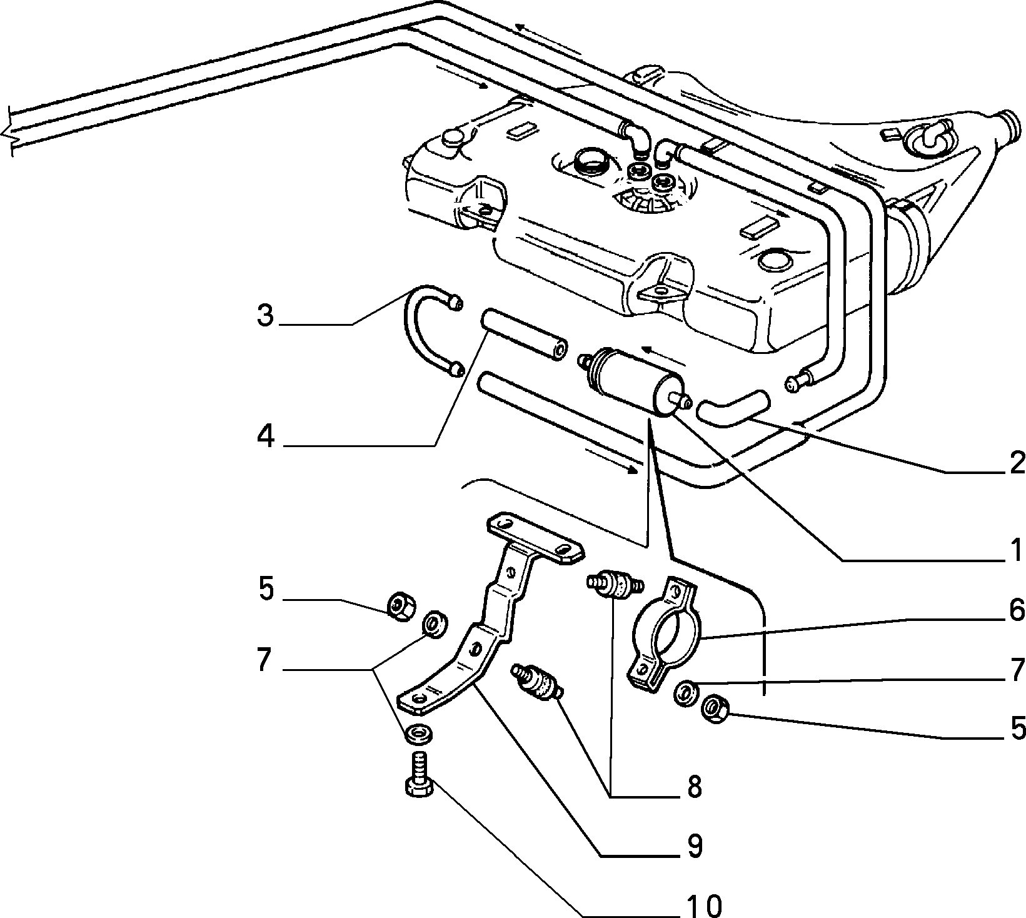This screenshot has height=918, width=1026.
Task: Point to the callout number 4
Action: click(x=266, y=435)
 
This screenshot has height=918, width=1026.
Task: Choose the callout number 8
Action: click(x=694, y=787)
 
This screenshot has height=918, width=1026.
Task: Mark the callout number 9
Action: click(x=694, y=846)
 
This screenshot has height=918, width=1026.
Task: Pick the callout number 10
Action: click(x=703, y=904)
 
